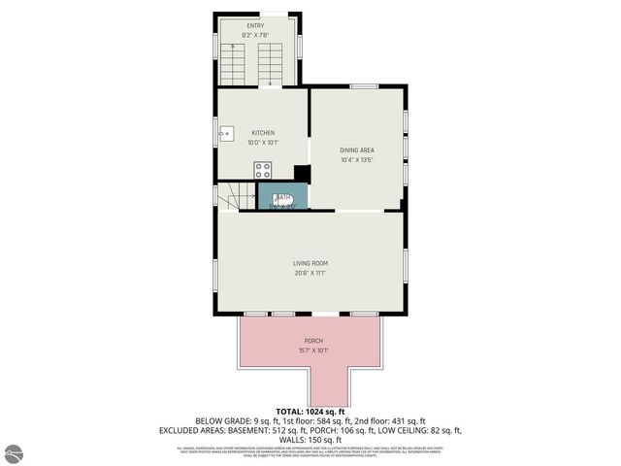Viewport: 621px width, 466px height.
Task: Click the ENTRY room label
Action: pos(255,26)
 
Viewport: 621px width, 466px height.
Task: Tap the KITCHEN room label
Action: pos(263,133)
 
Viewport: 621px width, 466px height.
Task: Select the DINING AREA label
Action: pos(357,150)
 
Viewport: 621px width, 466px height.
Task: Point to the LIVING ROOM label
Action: pos(310,263)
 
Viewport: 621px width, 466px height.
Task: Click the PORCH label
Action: pos(313,341)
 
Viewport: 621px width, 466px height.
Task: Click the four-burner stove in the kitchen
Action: pos(262,170)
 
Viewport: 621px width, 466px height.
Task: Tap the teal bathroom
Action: pos(283,196)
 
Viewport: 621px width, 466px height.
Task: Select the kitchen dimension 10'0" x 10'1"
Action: pos(263,142)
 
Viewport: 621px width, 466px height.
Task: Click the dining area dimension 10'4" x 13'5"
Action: pos(357,159)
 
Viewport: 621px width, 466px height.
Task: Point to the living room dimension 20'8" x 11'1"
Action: pos(310,273)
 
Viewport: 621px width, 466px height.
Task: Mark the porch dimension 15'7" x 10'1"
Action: pos(313,350)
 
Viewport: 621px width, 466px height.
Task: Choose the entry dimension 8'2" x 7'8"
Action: pos(255,35)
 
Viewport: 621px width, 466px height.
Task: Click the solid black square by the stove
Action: pos(302,173)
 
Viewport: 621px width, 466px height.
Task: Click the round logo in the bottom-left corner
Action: pos(15,452)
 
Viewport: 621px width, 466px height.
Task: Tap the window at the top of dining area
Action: pos(364,86)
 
